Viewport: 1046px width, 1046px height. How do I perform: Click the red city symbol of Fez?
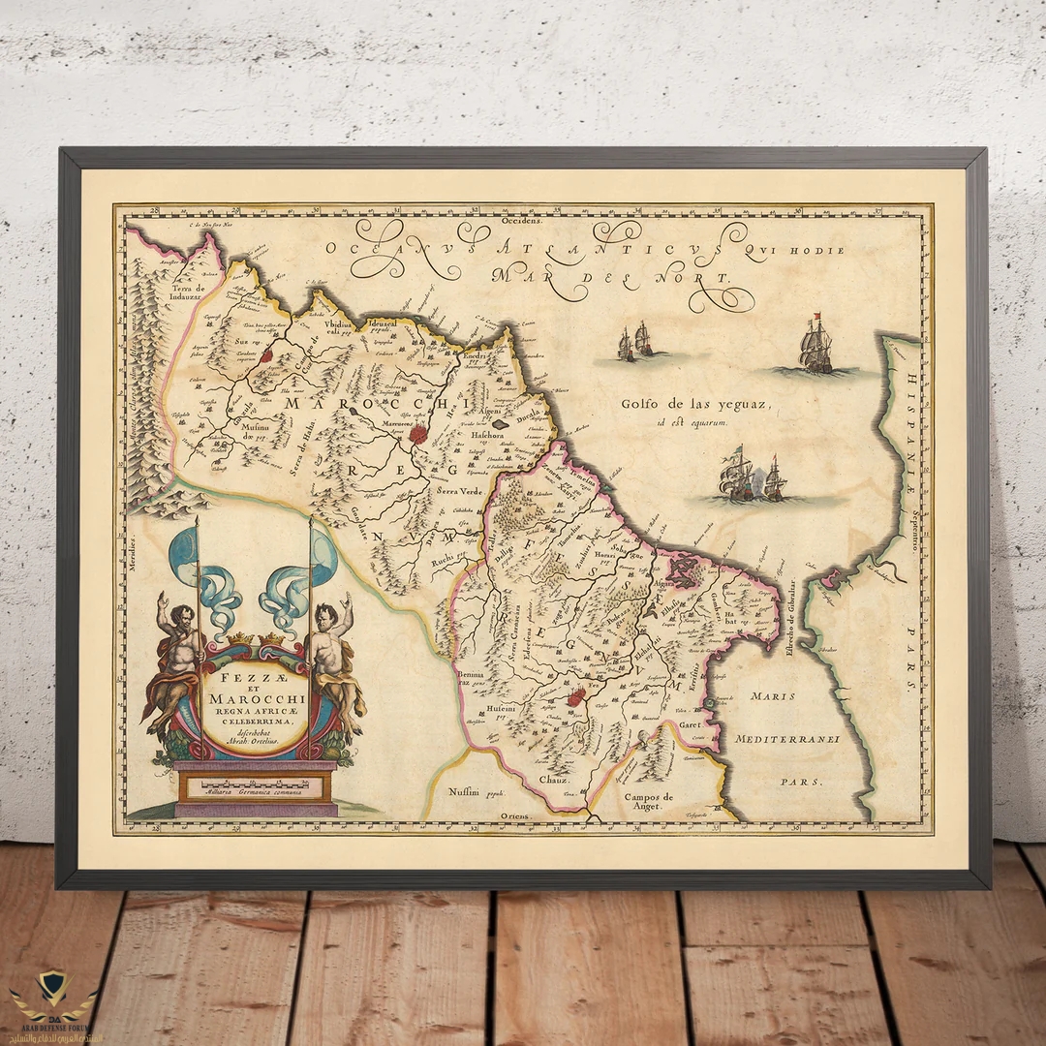point(576,696)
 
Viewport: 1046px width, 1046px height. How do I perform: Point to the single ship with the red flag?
point(815,346)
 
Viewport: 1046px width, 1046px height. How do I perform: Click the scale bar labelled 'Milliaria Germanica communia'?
point(255,790)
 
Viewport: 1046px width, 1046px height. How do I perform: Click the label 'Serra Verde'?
point(460,492)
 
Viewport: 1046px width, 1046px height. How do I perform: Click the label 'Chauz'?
point(554,779)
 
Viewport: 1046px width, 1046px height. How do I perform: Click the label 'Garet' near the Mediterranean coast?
point(689,723)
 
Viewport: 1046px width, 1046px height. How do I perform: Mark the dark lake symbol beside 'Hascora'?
point(500,423)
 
